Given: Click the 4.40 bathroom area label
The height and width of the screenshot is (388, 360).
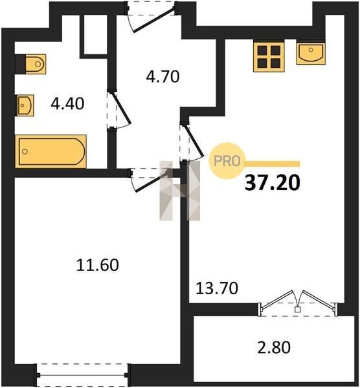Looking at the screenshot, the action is click(67, 103).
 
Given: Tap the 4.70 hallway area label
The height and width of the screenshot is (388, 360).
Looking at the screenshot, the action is click(163, 76).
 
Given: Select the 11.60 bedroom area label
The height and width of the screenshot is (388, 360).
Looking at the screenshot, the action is click(97, 264).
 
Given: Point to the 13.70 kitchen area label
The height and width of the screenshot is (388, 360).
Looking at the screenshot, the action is click(217, 288).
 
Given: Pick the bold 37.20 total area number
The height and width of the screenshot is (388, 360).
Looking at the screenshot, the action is click(273, 183).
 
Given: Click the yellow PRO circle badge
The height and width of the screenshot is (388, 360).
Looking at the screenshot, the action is click(227, 161).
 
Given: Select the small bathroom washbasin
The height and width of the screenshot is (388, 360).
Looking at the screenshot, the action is click(25, 105).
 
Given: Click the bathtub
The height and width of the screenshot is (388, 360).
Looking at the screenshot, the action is click(51, 151).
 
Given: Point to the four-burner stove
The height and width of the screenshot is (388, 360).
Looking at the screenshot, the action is click(269, 57).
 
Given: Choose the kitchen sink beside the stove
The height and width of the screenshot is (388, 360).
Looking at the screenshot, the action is click(311, 54).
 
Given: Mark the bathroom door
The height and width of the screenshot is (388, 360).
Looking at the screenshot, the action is click(118, 109).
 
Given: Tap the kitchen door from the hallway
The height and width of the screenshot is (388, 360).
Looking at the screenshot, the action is click(192, 142).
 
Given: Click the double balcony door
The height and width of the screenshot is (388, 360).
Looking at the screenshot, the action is click(298, 303).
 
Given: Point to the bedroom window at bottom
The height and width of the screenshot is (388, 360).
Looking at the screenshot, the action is click(82, 375).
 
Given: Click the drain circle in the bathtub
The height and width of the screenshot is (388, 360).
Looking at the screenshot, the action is click(25, 151).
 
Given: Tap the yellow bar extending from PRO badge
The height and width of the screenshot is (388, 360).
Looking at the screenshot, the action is click(273, 164).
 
